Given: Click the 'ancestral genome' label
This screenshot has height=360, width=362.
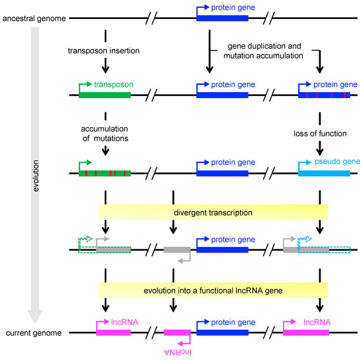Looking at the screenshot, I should (x=32, y=18).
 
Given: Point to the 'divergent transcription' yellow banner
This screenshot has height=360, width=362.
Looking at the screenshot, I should (x=214, y=213).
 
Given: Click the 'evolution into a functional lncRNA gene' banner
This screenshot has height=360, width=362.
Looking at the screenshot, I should (x=214, y=290).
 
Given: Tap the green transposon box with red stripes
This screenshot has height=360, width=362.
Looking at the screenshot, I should (x=105, y=174).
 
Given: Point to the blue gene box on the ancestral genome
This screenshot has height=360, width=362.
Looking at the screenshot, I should (x=222, y=18).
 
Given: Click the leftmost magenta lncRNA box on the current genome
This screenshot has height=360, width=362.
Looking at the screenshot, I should (x=113, y=334).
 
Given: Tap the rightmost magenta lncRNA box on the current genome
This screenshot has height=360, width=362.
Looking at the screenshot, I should (x=305, y=334).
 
